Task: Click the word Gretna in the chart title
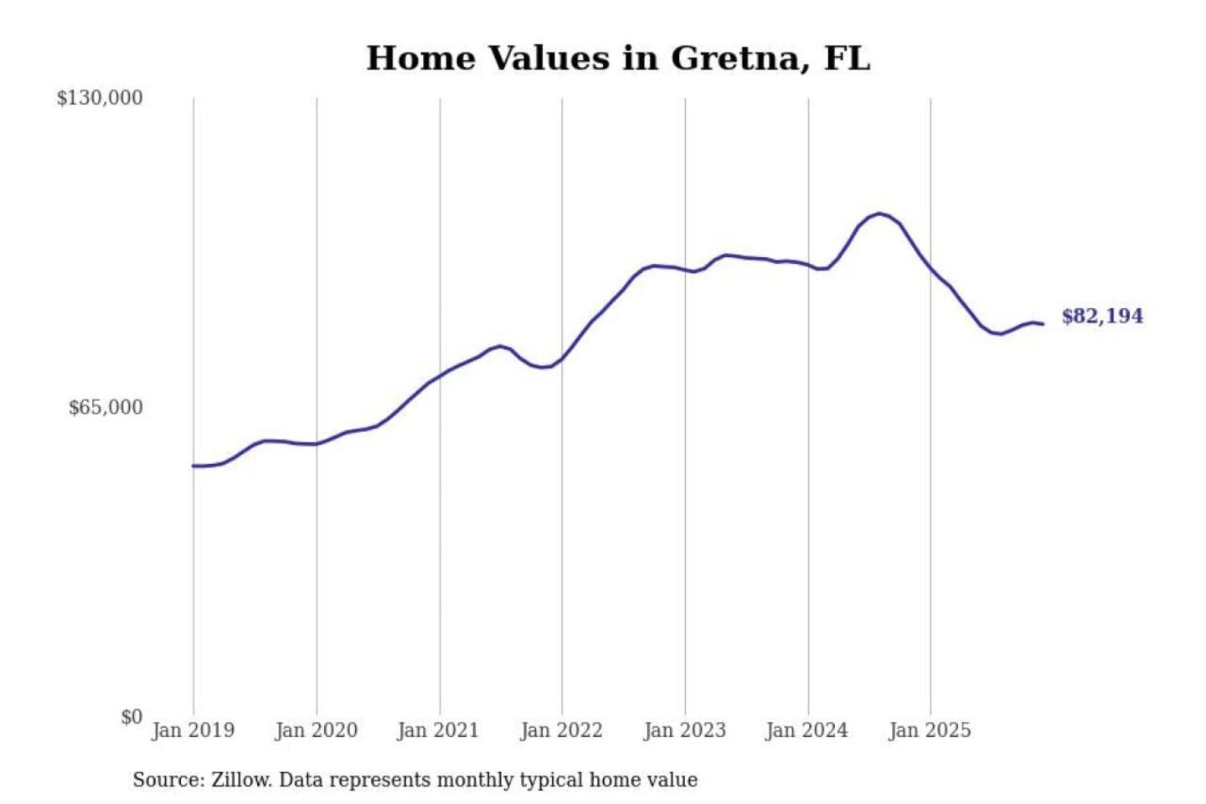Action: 740,59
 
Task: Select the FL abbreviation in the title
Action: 848,59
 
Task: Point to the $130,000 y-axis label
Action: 100,98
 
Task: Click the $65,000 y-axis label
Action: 106,408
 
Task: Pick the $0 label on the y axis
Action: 131,717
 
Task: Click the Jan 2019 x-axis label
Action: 193,730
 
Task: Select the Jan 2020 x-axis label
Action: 317,730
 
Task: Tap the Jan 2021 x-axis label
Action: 439,730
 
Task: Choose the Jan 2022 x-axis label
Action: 562,730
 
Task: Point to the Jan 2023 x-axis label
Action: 685,730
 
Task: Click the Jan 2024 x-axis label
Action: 807,730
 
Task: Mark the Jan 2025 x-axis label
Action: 930,730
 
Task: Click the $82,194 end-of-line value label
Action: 1102,317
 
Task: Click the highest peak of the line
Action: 879,214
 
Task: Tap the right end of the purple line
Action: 1043,324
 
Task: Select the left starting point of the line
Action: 193,466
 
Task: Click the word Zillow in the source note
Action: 241,781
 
